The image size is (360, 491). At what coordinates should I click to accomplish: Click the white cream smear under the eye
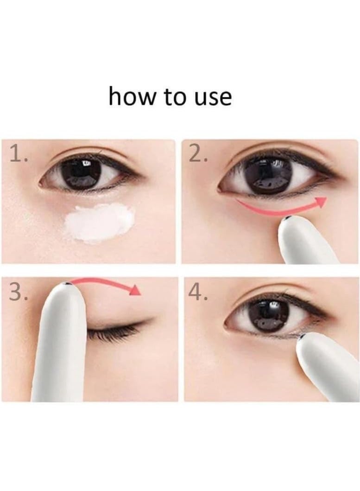click(x=100, y=223)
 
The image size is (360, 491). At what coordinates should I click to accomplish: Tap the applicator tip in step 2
click(x=288, y=218)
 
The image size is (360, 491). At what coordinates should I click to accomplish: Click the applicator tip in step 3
click(x=68, y=284)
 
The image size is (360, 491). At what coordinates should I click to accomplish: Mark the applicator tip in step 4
click(x=303, y=336)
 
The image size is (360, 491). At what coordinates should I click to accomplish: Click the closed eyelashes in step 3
click(x=114, y=330)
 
